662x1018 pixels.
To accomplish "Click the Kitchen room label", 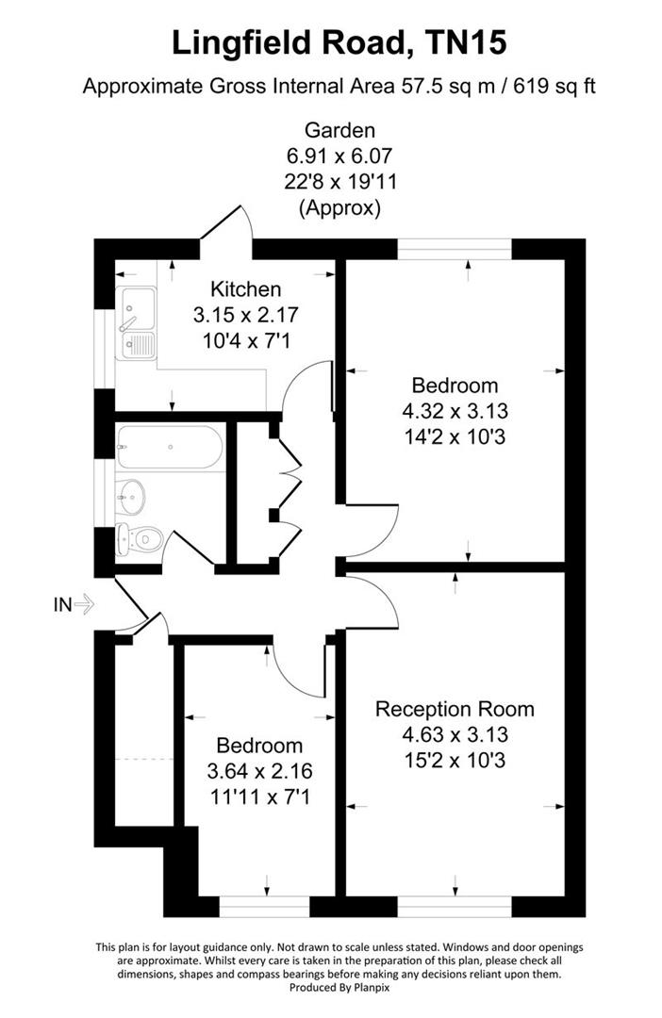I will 245,288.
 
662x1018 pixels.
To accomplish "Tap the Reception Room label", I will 455,709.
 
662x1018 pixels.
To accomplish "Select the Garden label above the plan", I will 339,130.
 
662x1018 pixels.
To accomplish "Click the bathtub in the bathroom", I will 169,448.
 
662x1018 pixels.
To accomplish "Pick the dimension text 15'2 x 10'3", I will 455,759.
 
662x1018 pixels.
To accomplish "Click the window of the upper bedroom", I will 455,248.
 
